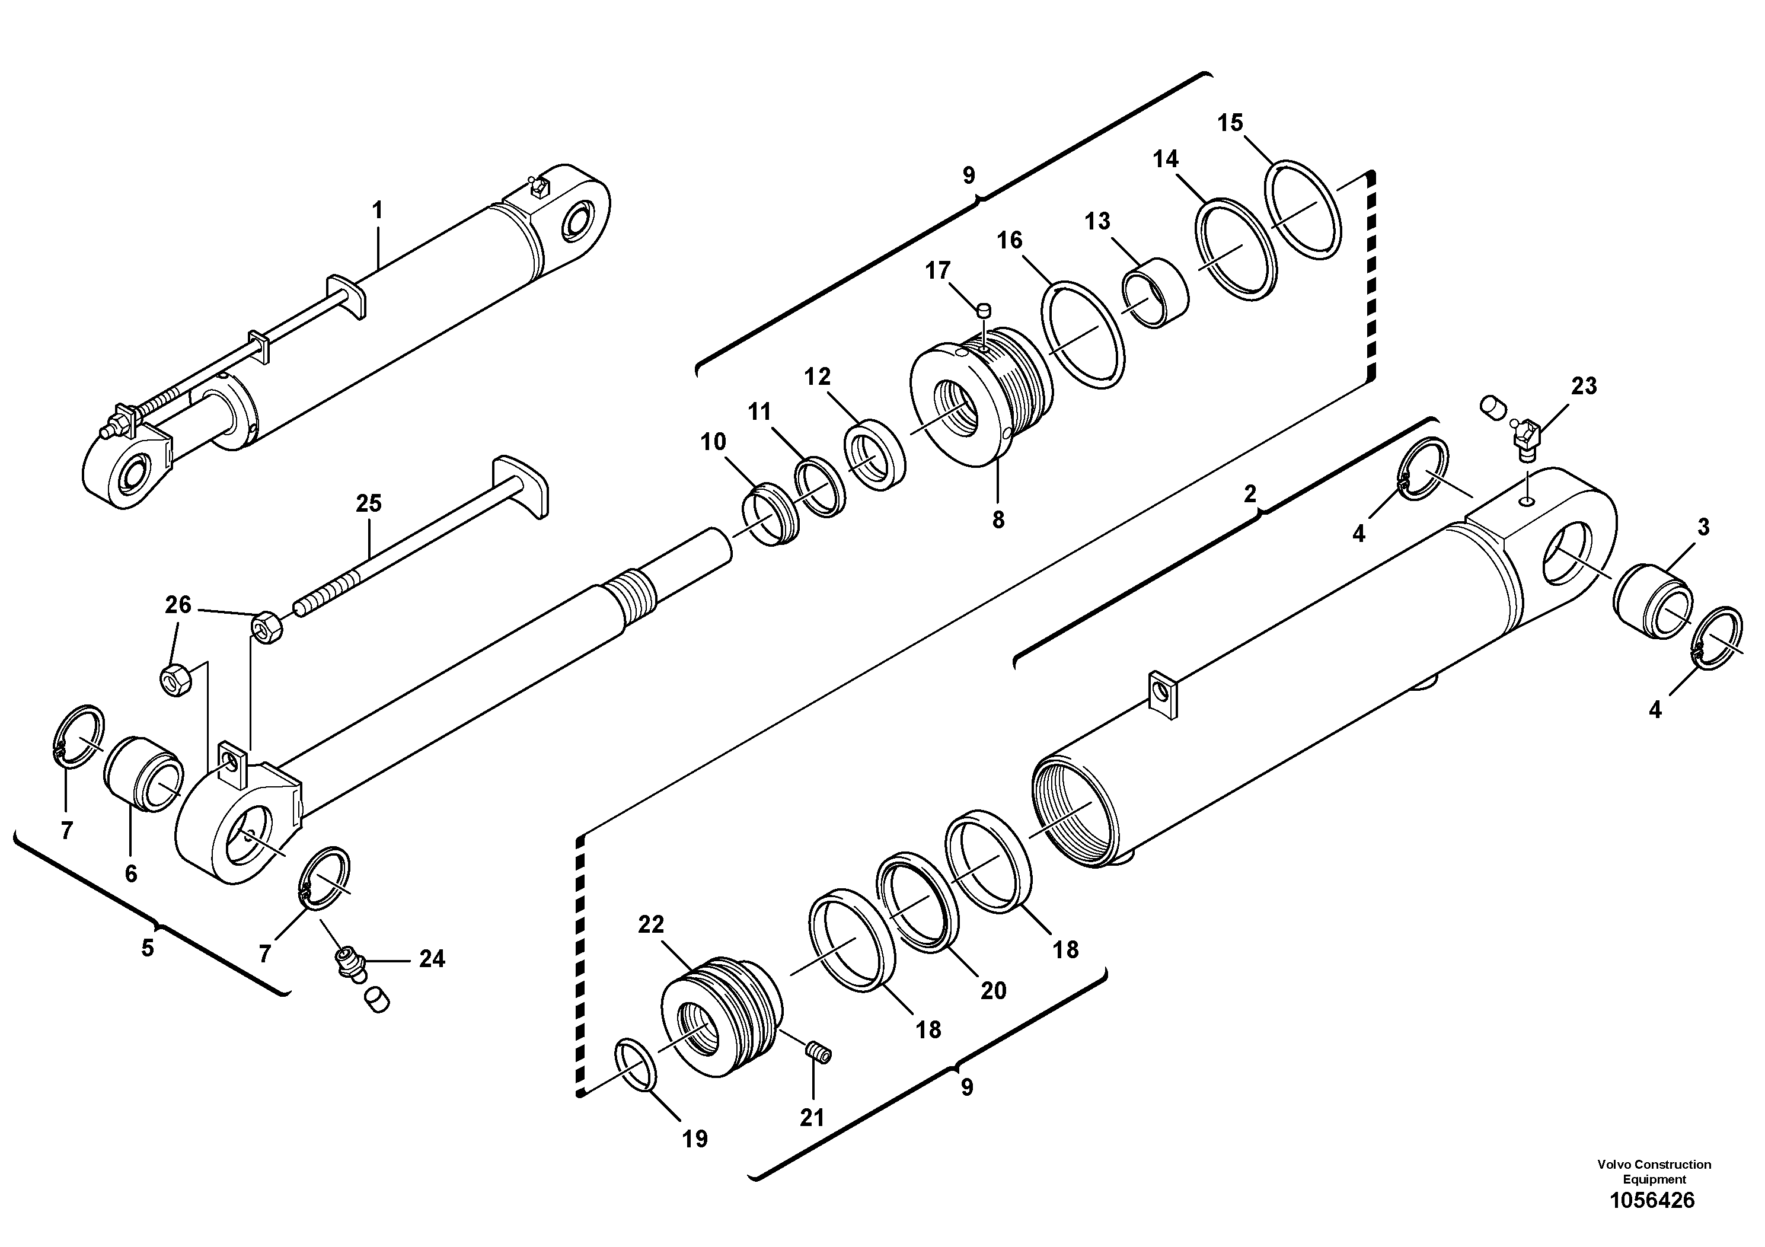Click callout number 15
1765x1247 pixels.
pyautogui.click(x=1230, y=123)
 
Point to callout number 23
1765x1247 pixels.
pyautogui.click(x=1584, y=386)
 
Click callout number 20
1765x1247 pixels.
pyautogui.click(x=993, y=991)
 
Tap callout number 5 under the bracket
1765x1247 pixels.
pyautogui.click(x=148, y=948)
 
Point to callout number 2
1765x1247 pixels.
pyautogui.click(x=1250, y=493)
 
